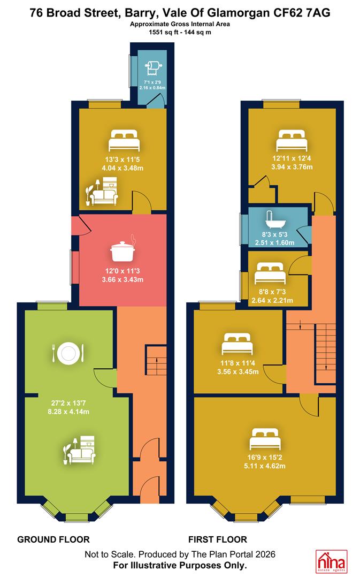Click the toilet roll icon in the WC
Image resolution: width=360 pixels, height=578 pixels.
click(x=153, y=68)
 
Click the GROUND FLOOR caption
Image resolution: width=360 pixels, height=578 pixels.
click(x=53, y=539)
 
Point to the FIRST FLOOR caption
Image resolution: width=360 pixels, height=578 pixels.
click(x=217, y=539)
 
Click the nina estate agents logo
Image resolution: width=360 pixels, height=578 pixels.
click(x=332, y=561)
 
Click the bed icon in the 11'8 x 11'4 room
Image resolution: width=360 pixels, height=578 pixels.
click(x=238, y=344)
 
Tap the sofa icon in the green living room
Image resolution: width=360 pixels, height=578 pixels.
click(x=79, y=450)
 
